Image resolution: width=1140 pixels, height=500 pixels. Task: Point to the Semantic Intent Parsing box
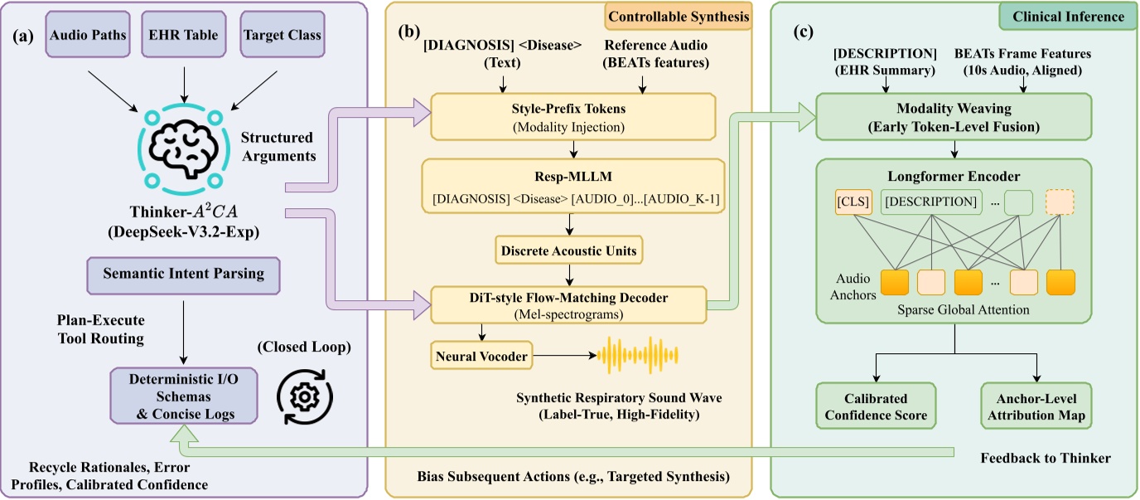[184, 274]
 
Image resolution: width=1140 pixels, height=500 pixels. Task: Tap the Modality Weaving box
[955, 118]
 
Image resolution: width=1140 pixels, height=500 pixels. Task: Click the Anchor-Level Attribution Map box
[1036, 405]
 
